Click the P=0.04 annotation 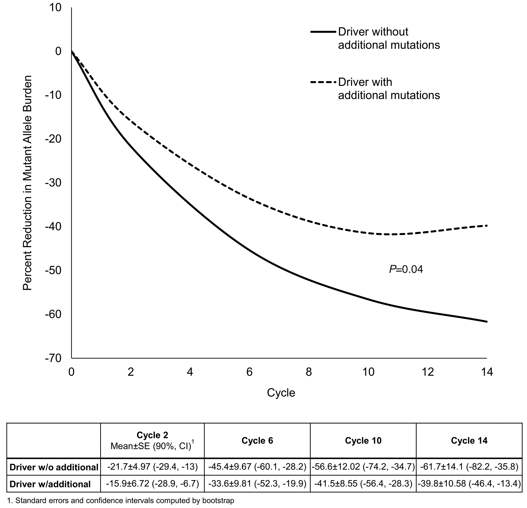(406, 269)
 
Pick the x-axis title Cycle (281, 393)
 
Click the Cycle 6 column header (257, 440)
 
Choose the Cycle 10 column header (363, 440)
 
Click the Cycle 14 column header (469, 440)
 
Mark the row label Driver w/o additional (54, 467)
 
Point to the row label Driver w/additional (50, 484)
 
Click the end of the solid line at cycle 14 (486, 321)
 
